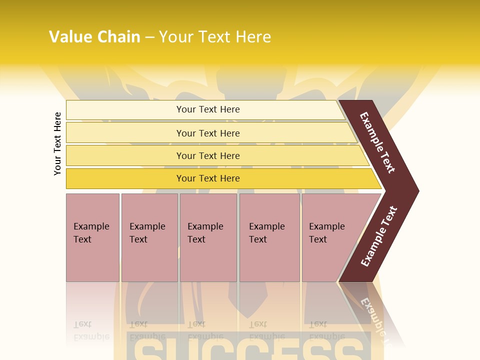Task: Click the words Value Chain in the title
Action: pos(94,36)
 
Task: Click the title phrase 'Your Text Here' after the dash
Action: pos(215,36)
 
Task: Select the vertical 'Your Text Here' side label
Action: pos(57,143)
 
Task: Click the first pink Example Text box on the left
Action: pos(92,237)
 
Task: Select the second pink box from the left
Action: pos(149,237)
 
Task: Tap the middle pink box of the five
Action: pos(208,237)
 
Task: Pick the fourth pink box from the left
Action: pos(269,237)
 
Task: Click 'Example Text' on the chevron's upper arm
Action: pos(377,142)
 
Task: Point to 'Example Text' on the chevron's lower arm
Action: pos(378,236)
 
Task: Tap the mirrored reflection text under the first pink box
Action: pos(91,330)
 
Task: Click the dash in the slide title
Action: pos(149,37)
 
